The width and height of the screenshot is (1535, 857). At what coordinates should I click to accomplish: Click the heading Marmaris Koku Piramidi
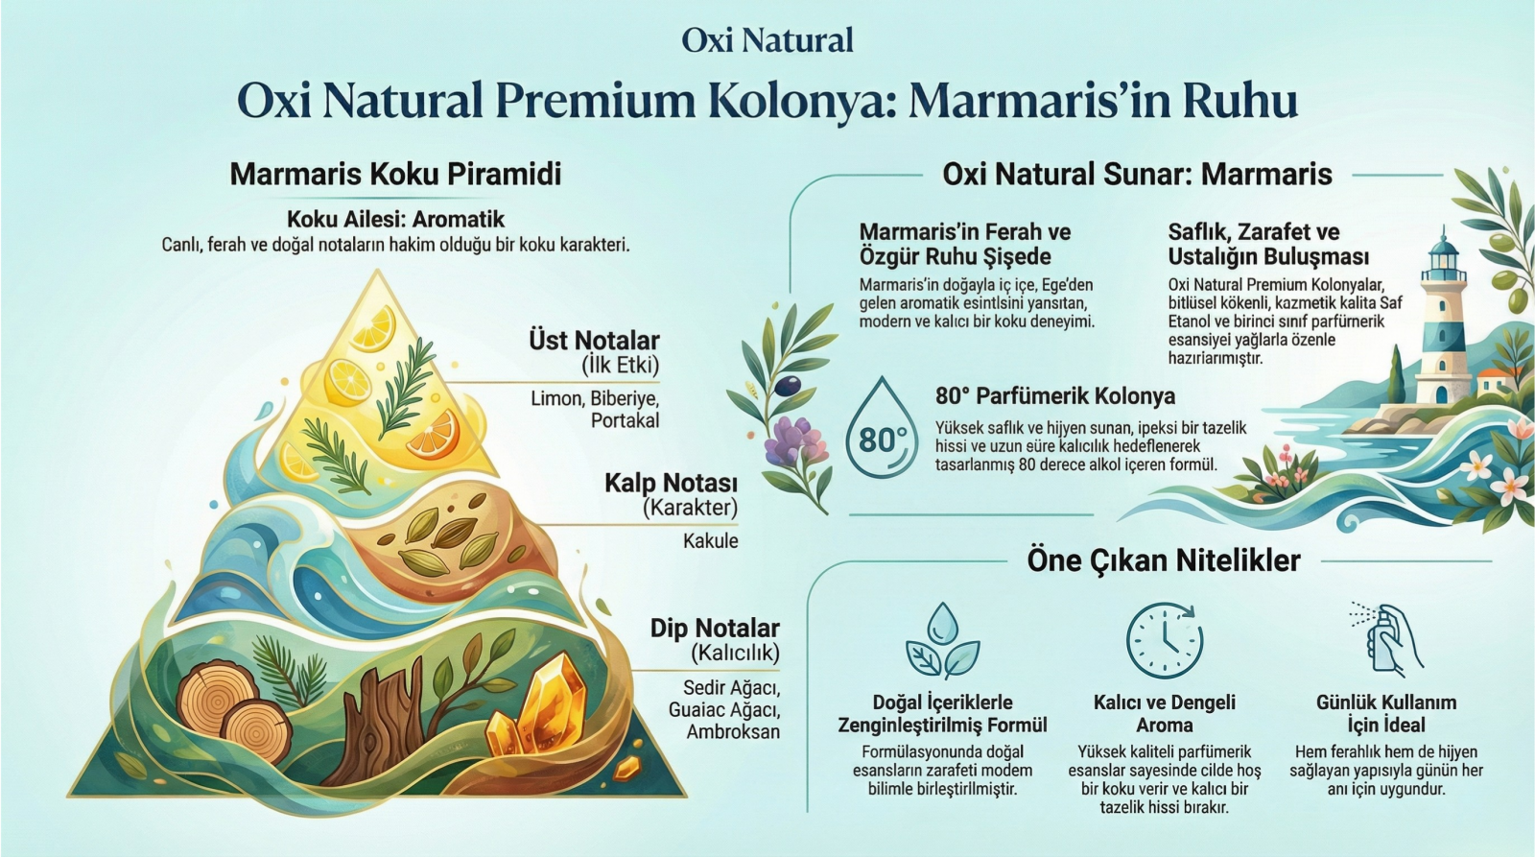(x=395, y=174)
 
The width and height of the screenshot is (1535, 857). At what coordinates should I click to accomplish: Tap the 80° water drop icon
(x=882, y=427)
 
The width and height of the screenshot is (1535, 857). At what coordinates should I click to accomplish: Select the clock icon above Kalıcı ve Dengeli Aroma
(x=1165, y=640)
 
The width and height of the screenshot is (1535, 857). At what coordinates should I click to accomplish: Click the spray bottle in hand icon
(x=1385, y=637)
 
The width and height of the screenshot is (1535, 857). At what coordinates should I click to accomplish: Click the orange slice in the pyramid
(x=432, y=434)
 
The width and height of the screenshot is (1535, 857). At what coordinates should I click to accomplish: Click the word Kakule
(x=711, y=541)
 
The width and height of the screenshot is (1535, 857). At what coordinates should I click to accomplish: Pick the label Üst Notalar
(x=594, y=341)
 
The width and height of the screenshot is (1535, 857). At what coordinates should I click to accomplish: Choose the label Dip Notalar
(x=715, y=628)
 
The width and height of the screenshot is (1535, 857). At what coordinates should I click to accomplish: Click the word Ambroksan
(x=733, y=731)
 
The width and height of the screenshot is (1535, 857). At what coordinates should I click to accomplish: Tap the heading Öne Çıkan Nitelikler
(x=1164, y=560)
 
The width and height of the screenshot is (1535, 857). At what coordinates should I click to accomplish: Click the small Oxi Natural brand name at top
(x=767, y=40)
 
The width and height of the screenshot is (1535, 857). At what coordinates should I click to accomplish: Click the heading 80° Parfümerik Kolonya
(x=1055, y=396)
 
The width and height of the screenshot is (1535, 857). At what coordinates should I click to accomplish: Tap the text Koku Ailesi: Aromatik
(x=395, y=220)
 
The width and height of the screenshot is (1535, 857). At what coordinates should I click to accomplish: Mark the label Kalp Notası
(x=671, y=484)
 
